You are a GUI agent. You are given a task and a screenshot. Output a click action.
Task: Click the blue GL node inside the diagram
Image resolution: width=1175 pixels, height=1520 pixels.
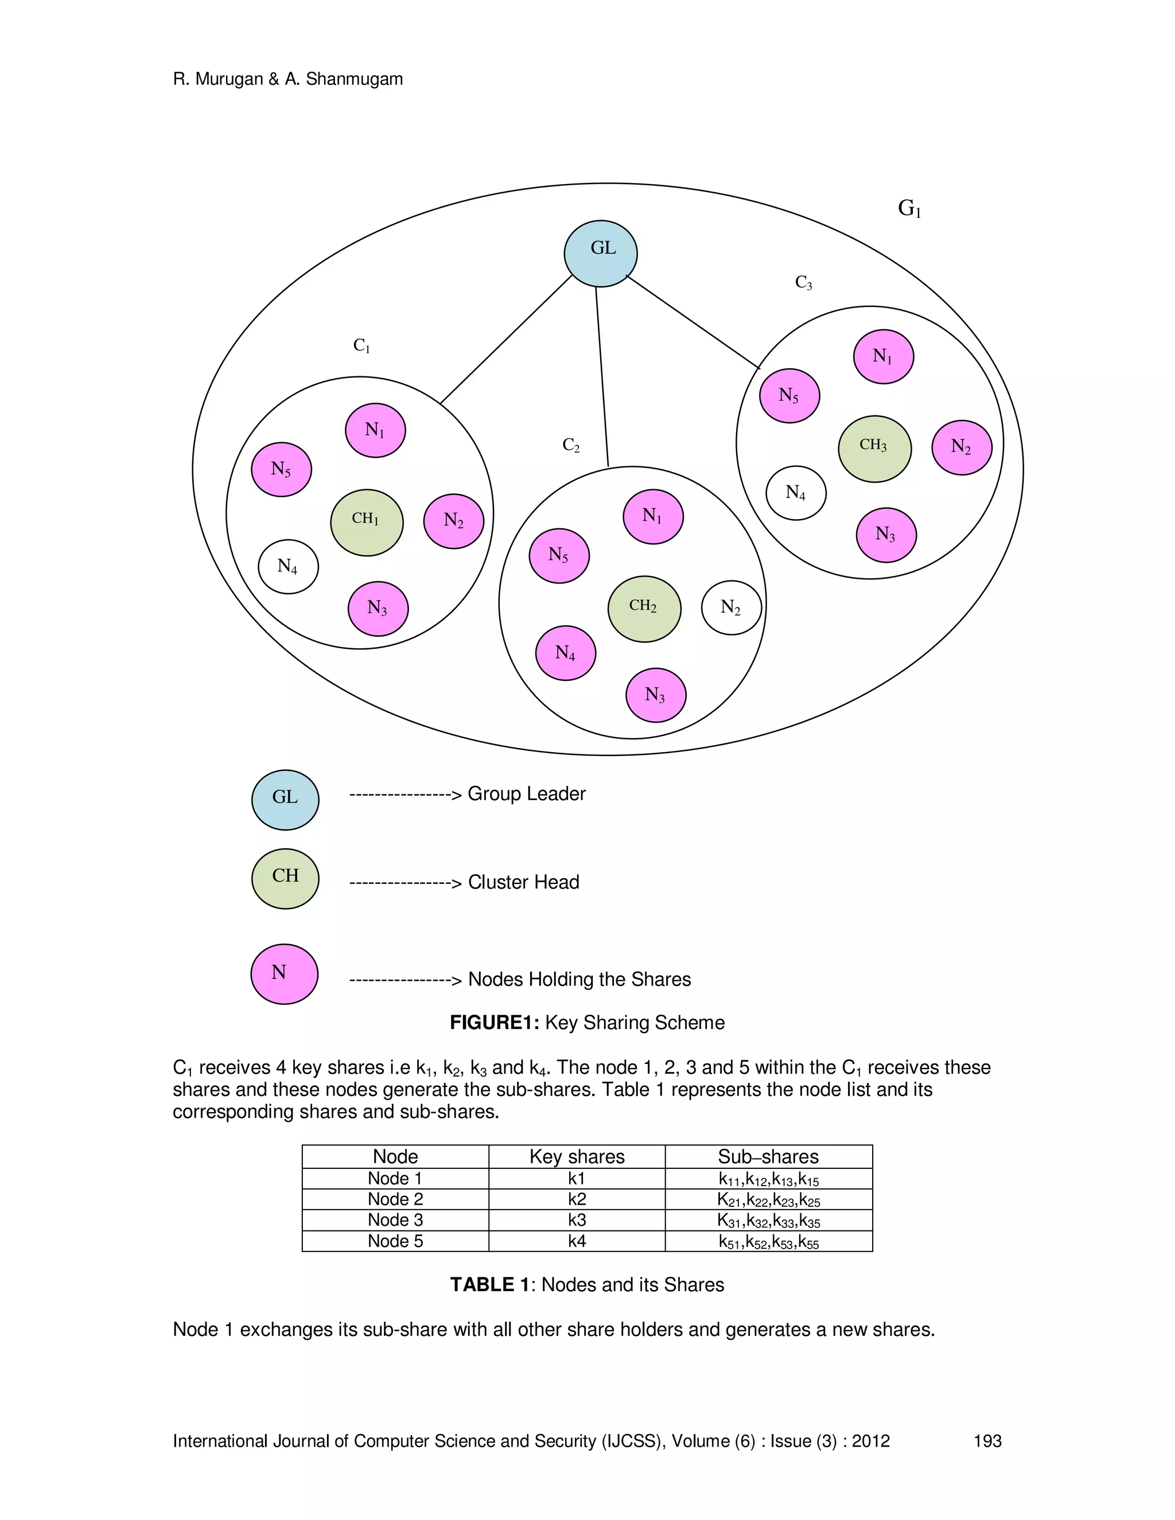click(x=600, y=254)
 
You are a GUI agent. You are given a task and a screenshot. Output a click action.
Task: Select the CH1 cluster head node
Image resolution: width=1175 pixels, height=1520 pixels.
click(x=366, y=522)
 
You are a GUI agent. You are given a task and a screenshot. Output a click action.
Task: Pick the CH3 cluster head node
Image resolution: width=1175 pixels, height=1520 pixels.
click(x=874, y=448)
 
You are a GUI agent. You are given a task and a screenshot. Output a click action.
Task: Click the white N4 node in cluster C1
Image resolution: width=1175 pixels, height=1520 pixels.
click(x=288, y=567)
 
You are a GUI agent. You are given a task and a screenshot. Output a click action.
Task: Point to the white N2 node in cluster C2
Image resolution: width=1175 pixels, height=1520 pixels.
click(x=731, y=607)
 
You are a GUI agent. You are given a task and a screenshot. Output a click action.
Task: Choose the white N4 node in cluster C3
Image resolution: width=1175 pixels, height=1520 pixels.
click(x=796, y=493)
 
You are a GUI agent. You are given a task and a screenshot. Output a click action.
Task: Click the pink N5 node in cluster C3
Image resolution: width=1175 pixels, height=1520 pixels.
click(x=789, y=395)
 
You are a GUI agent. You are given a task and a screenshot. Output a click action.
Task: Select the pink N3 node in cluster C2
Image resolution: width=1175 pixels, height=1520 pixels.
click(x=656, y=695)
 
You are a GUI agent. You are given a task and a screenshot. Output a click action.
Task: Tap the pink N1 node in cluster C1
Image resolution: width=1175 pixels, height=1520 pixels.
click(x=375, y=430)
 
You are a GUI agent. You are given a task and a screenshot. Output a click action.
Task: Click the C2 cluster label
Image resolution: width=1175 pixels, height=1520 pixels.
click(x=571, y=446)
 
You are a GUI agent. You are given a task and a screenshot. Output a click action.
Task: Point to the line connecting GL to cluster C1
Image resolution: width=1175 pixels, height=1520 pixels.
click(x=506, y=339)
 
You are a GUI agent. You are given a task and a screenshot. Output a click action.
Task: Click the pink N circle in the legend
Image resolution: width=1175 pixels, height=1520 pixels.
click(x=284, y=974)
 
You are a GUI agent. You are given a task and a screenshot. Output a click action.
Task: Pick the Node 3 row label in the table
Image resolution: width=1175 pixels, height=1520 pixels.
click(x=395, y=1219)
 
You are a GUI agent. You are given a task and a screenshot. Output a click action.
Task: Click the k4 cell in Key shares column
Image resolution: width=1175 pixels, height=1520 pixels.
click(x=577, y=1240)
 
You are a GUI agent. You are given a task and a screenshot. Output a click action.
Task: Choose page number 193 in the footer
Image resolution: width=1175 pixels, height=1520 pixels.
click(x=987, y=1441)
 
